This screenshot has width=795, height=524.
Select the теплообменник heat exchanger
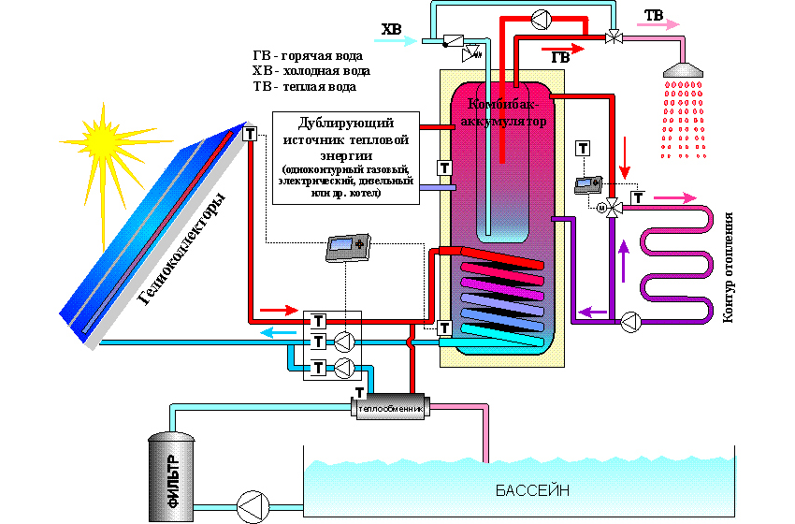[x=388, y=409]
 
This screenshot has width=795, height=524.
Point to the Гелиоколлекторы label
[x=183, y=249]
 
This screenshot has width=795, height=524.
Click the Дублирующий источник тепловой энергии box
[x=343, y=158]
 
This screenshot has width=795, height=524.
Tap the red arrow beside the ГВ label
[x=558, y=44]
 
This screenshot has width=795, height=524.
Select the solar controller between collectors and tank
[x=347, y=248]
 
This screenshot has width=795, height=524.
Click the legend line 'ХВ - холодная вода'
[x=311, y=70]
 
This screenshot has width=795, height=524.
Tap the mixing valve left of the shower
[x=613, y=36]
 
